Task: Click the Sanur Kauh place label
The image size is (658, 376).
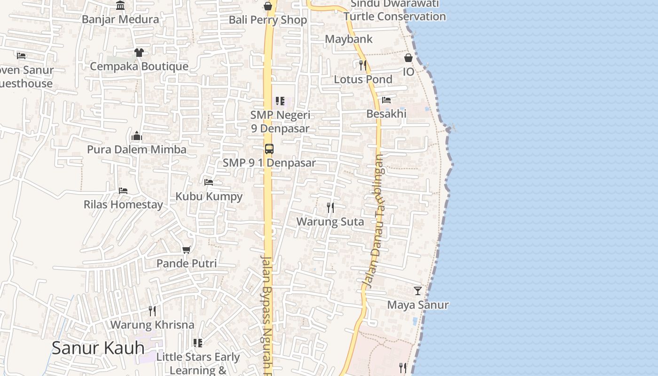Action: [x=98, y=348]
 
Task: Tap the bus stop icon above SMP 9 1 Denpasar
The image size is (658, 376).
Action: [x=269, y=149]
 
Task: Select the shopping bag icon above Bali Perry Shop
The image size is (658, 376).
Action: [x=268, y=6]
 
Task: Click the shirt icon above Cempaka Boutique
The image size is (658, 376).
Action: [x=139, y=52]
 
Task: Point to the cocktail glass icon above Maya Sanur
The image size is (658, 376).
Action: [x=418, y=291]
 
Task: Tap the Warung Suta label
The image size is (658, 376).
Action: [x=330, y=221]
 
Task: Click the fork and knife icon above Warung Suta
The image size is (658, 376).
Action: [x=330, y=207]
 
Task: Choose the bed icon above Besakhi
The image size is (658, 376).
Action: [x=386, y=100]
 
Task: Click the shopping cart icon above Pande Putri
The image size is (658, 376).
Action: [x=187, y=250]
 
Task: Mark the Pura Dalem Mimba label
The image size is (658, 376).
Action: [x=137, y=149]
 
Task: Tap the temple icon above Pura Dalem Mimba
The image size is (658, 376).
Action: [x=137, y=136]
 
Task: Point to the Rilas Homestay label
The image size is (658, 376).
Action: [x=123, y=204]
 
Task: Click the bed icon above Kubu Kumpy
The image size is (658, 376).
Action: [x=209, y=182]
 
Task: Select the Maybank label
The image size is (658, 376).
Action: [x=349, y=39]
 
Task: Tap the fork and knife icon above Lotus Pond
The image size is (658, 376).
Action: [x=362, y=65]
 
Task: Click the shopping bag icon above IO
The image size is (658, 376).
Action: [x=408, y=58]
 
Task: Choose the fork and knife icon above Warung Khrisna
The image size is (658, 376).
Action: [x=152, y=311]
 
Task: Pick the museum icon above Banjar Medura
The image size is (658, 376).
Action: [x=120, y=6]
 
